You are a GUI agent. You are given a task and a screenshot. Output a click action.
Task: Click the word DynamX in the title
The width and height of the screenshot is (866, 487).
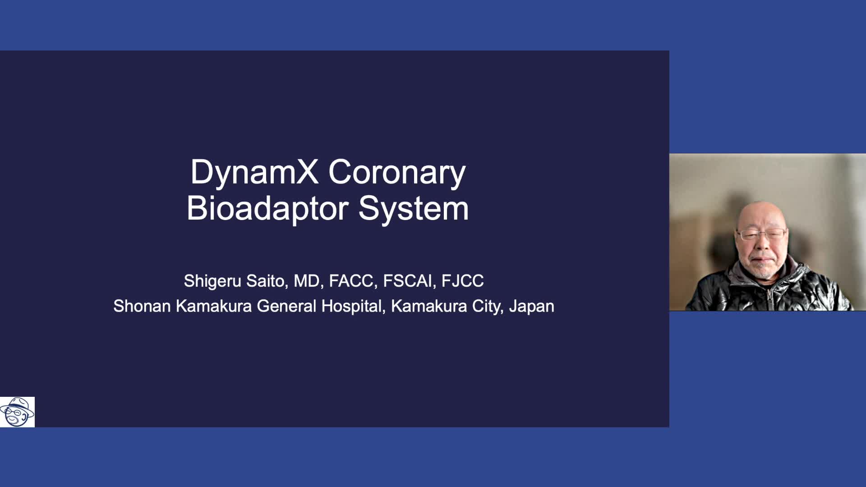(x=254, y=172)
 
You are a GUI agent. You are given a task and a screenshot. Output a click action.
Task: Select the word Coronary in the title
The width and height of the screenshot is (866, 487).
(x=397, y=172)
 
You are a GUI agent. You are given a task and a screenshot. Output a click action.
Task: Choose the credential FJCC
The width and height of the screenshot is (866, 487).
(x=462, y=281)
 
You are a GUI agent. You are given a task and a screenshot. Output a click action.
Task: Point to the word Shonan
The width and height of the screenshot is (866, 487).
(x=142, y=306)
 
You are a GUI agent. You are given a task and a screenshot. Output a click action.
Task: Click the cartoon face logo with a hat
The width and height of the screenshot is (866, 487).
(x=17, y=412)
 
